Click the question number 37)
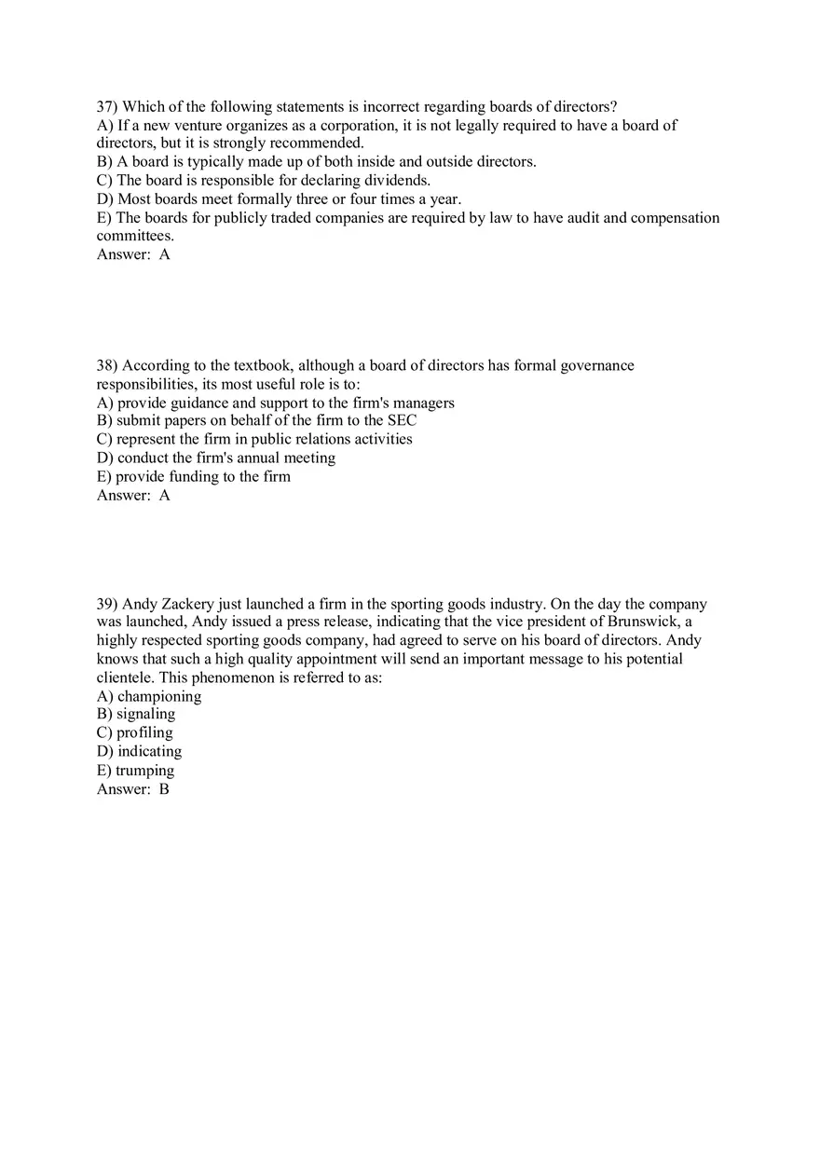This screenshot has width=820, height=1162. pos(107,106)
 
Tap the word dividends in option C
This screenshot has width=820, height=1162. pos(397,180)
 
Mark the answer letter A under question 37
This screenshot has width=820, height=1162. pos(165,253)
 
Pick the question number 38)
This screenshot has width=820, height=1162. pos(107,365)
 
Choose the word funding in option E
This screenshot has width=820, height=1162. pos(193,476)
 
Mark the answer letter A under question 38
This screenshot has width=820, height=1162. pos(165,495)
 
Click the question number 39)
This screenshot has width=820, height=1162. pos(107,604)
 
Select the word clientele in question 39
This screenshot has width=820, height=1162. pos(126,677)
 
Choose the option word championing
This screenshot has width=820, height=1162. pos(159,696)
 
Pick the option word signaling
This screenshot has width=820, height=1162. pos(145,714)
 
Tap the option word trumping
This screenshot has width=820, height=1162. pos(144,770)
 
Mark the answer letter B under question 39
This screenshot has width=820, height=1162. pos(164,788)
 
